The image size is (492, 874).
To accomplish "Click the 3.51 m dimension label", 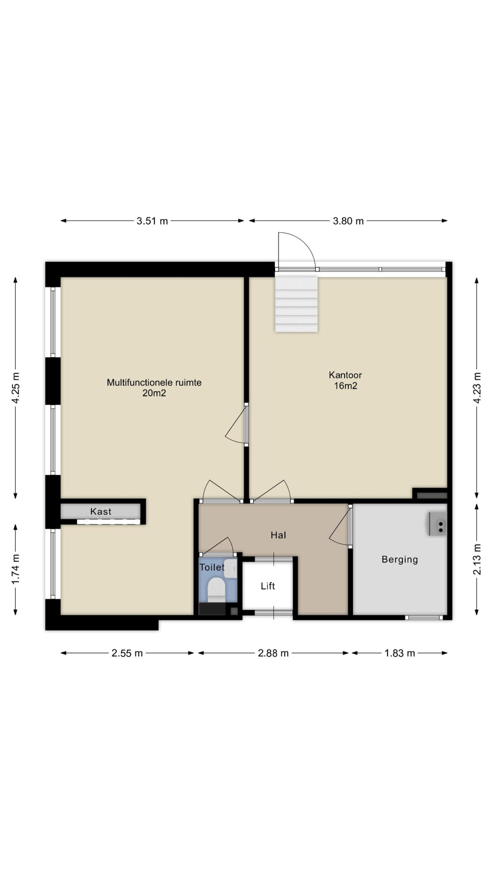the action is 152,221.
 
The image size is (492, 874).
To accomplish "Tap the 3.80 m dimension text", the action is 348,221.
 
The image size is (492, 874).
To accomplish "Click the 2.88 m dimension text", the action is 273,653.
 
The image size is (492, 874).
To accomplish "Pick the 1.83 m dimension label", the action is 399,653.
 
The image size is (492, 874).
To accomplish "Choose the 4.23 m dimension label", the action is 477,387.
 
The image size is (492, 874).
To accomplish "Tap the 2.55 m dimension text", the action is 127,653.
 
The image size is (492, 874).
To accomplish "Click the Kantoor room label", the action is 345,375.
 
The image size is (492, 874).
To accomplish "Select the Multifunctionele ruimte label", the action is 154,382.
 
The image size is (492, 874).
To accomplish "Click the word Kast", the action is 101,511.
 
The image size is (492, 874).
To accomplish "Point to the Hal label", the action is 278,535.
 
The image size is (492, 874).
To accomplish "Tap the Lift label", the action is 268,586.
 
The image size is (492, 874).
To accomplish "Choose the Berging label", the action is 400,560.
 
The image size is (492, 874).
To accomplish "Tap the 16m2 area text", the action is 345,386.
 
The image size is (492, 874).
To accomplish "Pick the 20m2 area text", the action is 154,393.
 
